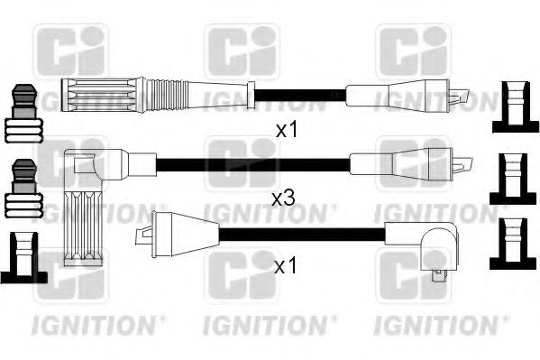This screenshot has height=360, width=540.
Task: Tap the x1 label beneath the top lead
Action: (286, 130)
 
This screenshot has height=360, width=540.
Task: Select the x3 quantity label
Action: (282, 196)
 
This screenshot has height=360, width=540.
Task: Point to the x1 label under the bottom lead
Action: (286, 266)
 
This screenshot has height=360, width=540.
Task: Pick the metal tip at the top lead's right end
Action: (462, 93)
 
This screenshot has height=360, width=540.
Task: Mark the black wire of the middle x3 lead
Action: (252, 164)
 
